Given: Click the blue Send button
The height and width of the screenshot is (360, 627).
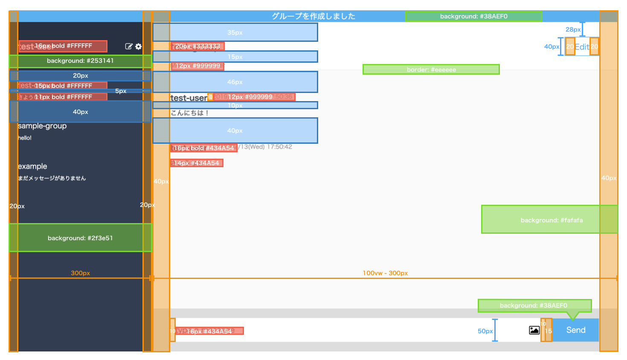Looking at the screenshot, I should tap(575, 330).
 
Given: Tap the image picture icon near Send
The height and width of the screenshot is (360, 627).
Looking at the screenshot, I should tap(534, 330).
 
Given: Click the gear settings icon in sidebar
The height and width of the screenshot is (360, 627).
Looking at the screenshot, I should tap(139, 46).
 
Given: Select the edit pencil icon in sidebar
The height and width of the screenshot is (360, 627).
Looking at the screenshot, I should tap(129, 46).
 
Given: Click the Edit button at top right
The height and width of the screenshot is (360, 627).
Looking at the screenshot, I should tap(582, 47).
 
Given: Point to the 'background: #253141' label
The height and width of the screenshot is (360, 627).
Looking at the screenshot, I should tap(80, 61).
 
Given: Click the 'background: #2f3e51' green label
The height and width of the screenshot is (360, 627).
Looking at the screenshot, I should tap(80, 238).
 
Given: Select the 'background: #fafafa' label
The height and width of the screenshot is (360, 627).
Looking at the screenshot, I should tap(551, 220).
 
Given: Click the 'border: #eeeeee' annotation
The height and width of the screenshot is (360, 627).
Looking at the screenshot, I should tap(431, 70).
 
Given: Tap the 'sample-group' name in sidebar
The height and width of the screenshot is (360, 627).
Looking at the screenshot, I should tap(42, 126).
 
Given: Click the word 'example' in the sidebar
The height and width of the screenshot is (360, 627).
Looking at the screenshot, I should tap(32, 166).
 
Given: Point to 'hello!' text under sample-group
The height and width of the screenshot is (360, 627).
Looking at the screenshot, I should tap(25, 138).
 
